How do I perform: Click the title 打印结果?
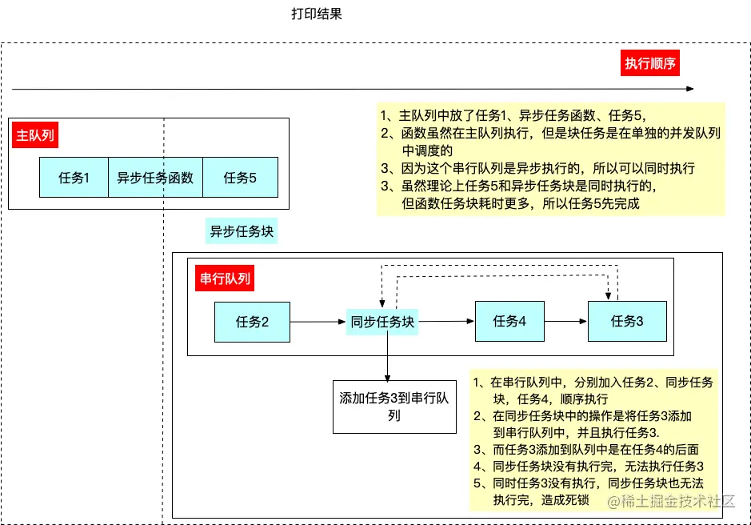click(x=317, y=14)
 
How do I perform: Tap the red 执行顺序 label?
click(x=650, y=64)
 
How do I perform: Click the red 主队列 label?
click(x=35, y=135)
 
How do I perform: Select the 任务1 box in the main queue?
click(x=74, y=178)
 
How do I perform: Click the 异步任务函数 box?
click(x=155, y=178)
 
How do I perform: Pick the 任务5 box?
click(x=240, y=178)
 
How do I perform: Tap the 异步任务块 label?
click(x=242, y=232)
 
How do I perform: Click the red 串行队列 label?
click(x=223, y=279)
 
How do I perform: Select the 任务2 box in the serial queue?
click(x=252, y=322)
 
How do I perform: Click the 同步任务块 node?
click(x=383, y=322)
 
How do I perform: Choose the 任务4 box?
click(x=509, y=321)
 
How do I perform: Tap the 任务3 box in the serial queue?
click(x=627, y=321)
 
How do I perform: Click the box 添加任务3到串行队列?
click(x=393, y=406)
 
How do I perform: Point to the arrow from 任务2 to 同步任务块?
click(x=318, y=322)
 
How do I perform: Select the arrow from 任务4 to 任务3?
click(x=565, y=322)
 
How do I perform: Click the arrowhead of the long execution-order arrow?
click(x=691, y=89)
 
